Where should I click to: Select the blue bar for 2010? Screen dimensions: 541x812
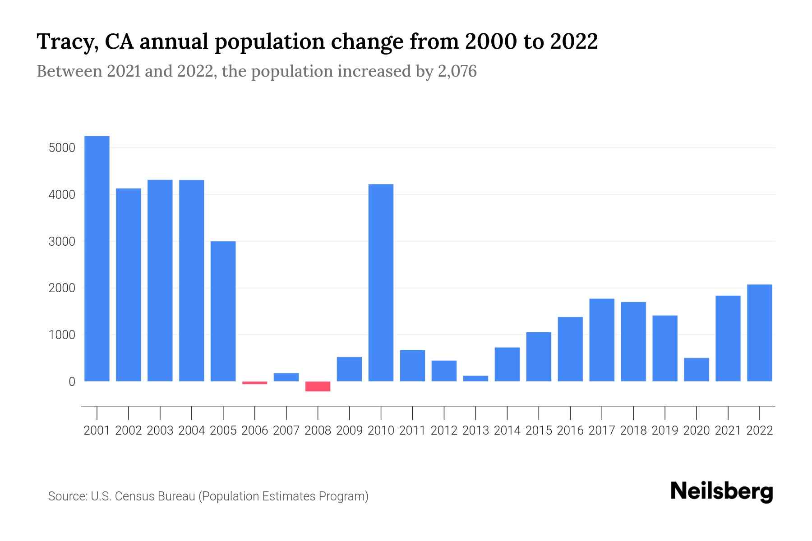pos(381,283)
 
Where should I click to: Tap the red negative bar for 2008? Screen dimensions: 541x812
pos(318,386)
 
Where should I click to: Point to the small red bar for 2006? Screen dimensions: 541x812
pos(254,383)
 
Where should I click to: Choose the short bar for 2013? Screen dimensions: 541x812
pos(475,378)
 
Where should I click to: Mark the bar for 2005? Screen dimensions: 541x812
pos(223,311)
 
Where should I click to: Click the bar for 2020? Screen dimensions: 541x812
pos(697,369)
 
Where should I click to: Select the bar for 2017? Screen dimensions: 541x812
pos(602,340)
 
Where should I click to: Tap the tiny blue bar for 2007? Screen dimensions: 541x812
pos(286,377)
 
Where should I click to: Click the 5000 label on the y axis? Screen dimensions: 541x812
pos(62,148)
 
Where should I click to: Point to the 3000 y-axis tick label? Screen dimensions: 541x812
pos(62,242)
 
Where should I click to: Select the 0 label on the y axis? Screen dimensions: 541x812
pos(72,382)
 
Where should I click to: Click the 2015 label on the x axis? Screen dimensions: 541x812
pos(539,431)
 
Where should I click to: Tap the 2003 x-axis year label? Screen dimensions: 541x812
pos(160,431)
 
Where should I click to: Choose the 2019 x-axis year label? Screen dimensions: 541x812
pos(665,431)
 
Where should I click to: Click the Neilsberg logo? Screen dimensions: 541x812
pos(722,491)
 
